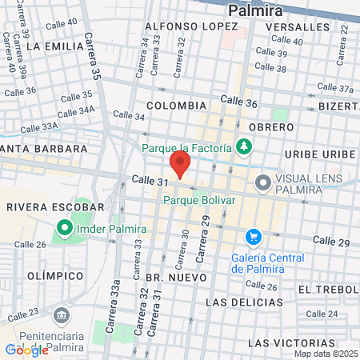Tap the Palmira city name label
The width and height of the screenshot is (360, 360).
click(255, 10)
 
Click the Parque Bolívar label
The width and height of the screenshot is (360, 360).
click(198, 200)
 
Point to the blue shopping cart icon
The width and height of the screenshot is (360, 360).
click(254, 237)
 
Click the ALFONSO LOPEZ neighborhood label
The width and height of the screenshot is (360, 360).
click(181, 26)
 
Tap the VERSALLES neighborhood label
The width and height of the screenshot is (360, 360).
click(296, 26)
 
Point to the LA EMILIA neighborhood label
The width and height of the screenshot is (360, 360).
click(54, 46)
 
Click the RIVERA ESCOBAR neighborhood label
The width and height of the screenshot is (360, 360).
click(43, 206)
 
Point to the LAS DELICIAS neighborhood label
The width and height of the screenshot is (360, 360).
click(244, 302)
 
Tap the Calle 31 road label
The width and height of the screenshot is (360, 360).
click(150, 182)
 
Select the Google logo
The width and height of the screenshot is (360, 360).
click(26, 350)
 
